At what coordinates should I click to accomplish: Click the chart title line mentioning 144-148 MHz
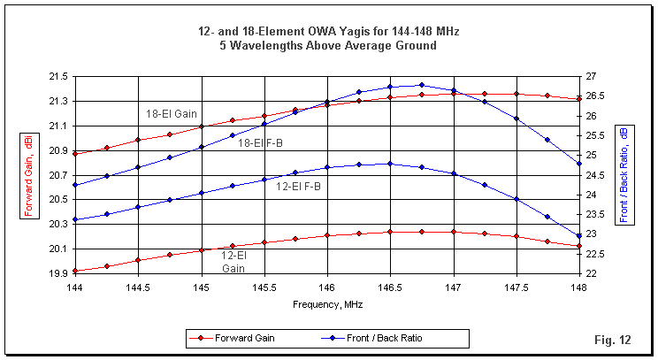[328, 31]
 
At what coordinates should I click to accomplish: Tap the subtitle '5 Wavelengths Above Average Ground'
[328, 45]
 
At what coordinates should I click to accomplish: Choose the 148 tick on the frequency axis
[580, 287]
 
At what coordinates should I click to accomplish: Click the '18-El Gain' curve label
[172, 113]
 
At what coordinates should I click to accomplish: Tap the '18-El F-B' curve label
[260, 142]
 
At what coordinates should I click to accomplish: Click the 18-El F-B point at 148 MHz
[580, 164]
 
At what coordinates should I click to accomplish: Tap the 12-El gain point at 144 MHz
[75, 271]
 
